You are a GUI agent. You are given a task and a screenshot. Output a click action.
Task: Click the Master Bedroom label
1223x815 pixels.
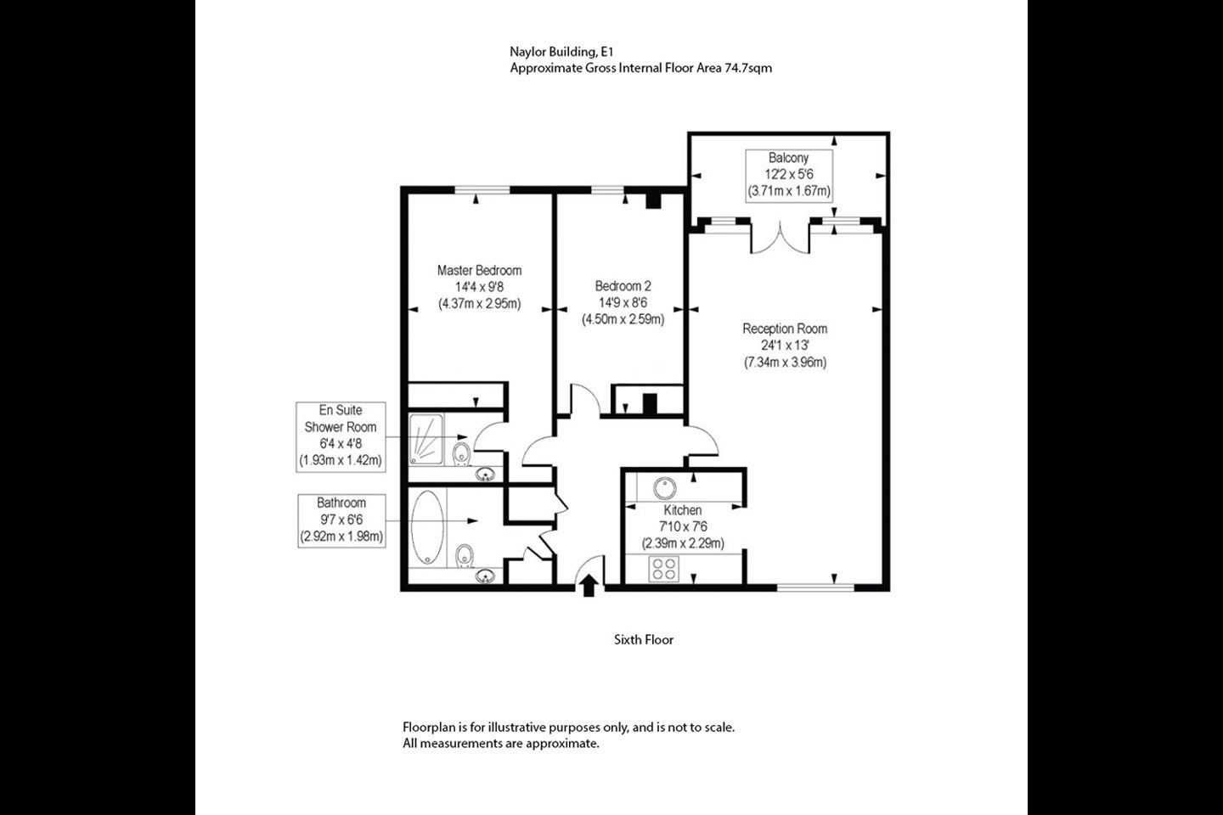pyautogui.click(x=479, y=270)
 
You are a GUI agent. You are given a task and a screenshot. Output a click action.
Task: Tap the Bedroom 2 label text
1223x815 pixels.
pyautogui.click(x=623, y=286)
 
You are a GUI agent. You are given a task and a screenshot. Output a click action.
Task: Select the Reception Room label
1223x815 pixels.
pyautogui.click(x=785, y=329)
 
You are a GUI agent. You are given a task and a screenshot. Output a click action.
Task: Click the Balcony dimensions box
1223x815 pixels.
pyautogui.click(x=789, y=176)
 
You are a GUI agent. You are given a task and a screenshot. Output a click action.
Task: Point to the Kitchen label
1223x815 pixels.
pyautogui.click(x=683, y=510)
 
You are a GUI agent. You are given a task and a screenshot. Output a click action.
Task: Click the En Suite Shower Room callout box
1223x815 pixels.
pyautogui.click(x=341, y=436)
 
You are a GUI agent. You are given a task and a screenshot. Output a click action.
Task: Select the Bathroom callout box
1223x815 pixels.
pyautogui.click(x=341, y=520)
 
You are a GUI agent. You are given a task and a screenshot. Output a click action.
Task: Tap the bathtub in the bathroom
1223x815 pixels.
pyautogui.click(x=427, y=526)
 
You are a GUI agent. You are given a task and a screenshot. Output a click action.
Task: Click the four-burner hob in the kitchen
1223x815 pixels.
pyautogui.click(x=663, y=569)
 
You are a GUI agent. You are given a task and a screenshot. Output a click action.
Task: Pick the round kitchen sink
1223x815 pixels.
pyautogui.click(x=664, y=488)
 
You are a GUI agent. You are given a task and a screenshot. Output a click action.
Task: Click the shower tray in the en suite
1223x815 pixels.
pyautogui.click(x=426, y=440)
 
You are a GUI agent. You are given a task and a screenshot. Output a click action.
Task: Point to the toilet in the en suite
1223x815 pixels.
pyautogui.click(x=462, y=453)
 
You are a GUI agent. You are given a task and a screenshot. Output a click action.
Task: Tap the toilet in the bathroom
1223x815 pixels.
pyautogui.click(x=464, y=556)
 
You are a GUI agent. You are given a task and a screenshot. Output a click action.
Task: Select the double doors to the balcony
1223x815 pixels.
pyautogui.click(x=781, y=238)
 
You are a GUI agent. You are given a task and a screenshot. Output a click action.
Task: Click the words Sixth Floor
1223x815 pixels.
pyautogui.click(x=644, y=640)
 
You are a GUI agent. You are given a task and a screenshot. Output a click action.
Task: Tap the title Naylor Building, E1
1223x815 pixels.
pyautogui.click(x=562, y=52)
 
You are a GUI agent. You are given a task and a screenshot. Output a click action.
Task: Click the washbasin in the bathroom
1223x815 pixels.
pyautogui.click(x=485, y=576)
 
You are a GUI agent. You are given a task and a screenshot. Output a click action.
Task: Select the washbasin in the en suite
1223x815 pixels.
pyautogui.click(x=485, y=475)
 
